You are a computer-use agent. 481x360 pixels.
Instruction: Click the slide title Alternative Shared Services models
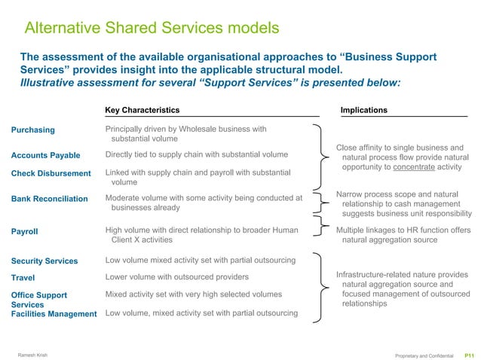[x=152, y=29]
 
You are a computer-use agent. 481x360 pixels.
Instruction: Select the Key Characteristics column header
[x=142, y=110]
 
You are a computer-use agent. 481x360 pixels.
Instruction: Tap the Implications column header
[x=364, y=110]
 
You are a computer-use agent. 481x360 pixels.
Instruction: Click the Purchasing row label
[x=33, y=130]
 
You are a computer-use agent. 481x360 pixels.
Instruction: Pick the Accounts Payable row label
[x=46, y=155]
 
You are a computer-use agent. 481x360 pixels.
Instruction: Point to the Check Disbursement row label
[x=51, y=174]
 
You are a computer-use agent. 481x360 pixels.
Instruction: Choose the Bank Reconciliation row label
[x=50, y=199]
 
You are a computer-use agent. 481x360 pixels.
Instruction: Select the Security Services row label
[x=44, y=261]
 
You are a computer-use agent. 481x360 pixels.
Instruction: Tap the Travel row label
[x=23, y=278]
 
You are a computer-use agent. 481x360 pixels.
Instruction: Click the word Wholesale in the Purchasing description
[x=196, y=129]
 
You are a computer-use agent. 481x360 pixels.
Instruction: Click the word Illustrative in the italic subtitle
[x=44, y=82]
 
